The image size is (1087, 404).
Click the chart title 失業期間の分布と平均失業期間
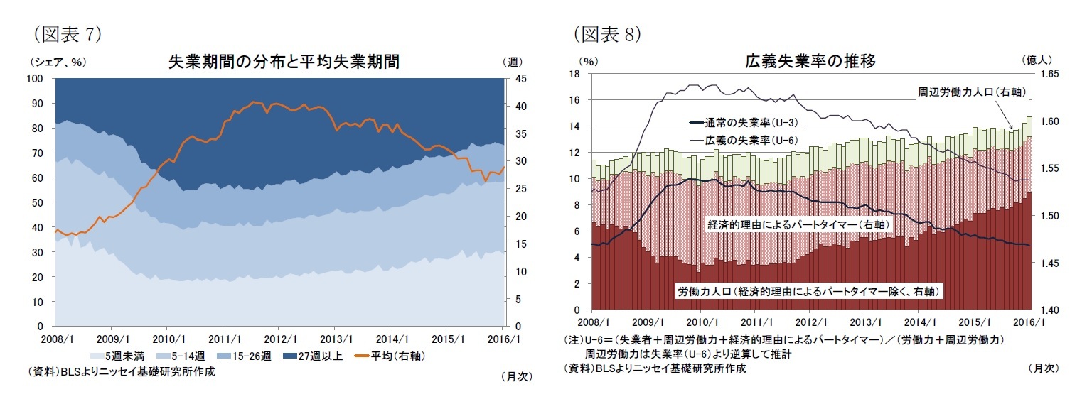point(283,62)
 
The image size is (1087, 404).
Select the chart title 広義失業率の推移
point(810,62)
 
